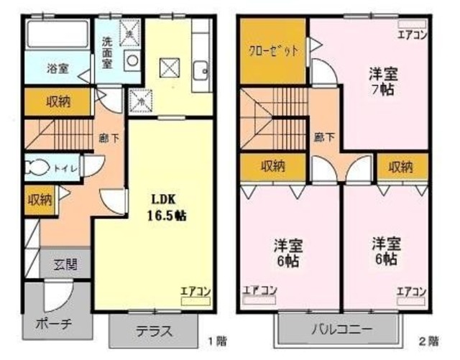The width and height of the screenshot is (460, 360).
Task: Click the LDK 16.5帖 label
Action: [168, 206]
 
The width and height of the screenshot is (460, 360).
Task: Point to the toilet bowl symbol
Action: [36, 168]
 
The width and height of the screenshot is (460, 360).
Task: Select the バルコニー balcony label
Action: [341, 331]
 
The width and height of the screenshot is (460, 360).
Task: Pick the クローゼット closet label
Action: [271, 50]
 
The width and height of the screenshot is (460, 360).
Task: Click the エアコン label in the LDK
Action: [194, 290]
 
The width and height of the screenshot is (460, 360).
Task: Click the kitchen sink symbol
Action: [201, 70]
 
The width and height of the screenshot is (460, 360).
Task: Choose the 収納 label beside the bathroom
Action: [59, 101]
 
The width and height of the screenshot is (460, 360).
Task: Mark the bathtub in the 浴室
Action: [57, 36]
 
